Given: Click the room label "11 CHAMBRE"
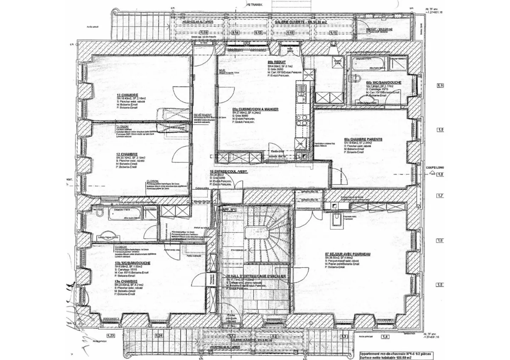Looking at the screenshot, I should click(x=127, y=95).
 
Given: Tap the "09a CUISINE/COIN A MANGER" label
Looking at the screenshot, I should click(x=255, y=109).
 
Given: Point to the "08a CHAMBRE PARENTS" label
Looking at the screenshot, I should click(x=363, y=139).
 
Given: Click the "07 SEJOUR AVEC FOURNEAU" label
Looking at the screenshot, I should click(x=347, y=254).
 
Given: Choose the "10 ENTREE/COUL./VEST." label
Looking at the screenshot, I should click(x=228, y=172).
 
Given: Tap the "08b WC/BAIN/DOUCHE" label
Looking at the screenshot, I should click(x=384, y=82).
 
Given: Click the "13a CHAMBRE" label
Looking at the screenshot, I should click(x=126, y=281).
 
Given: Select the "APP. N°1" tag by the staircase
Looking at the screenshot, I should click(x=229, y=210).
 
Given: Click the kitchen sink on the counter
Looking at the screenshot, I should click(x=301, y=92).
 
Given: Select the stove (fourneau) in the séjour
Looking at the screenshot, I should click(x=337, y=219).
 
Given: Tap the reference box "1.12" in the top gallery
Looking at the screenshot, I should click(x=290, y=33).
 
